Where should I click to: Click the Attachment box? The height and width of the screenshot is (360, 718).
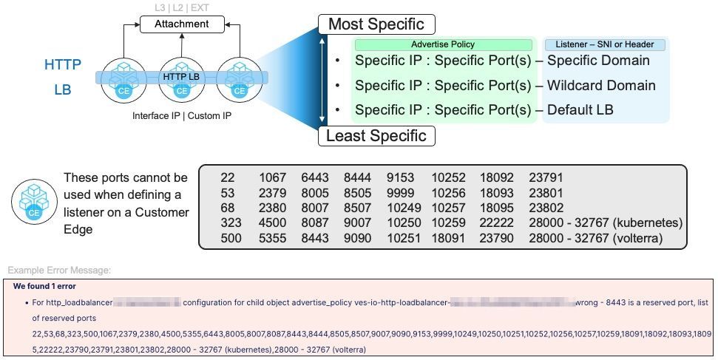pos(181,24)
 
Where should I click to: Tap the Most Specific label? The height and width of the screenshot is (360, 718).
pos(376,24)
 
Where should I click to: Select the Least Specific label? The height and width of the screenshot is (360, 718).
pos(376,136)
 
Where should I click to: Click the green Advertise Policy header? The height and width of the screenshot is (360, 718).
pos(443,45)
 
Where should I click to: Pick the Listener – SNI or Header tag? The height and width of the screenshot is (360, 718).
pos(604,45)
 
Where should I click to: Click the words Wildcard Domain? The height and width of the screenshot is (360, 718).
pos(601,86)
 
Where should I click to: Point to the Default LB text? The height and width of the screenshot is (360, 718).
pos(580,110)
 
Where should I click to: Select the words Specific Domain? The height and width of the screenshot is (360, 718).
pos(598,61)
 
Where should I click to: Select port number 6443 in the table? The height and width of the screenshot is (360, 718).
pos(314,177)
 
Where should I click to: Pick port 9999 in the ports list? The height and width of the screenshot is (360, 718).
pos(401,192)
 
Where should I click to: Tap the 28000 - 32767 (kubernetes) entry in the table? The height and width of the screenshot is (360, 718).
pos(606,223)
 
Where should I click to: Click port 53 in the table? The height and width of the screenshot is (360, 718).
pos(228,192)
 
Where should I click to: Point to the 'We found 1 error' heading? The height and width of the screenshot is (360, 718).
pos(44,286)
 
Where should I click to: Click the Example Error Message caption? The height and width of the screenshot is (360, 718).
pos(58,271)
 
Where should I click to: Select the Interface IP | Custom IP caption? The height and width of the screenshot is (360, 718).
pos(181,116)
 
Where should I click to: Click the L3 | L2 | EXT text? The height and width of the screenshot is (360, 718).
pos(181,7)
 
